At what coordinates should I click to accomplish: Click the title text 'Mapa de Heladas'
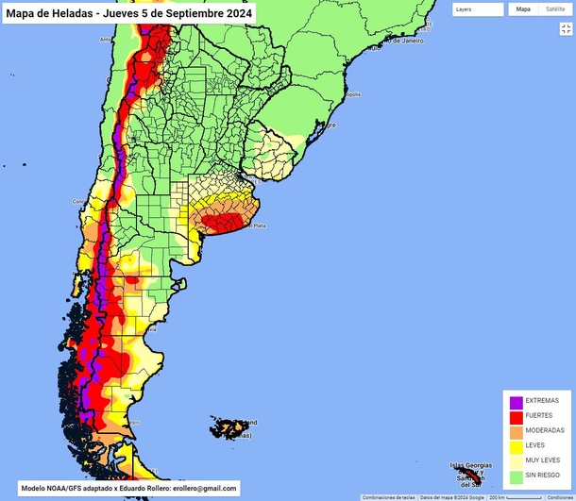click(x=47, y=13)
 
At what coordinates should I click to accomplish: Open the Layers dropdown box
click(x=477, y=9)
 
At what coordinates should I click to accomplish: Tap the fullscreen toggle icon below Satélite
click(x=567, y=29)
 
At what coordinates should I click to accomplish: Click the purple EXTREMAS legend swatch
click(x=517, y=401)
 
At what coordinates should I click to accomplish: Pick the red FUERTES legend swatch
click(x=517, y=416)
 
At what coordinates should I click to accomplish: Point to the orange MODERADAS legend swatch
click(x=517, y=431)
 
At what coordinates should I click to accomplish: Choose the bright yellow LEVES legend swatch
click(x=517, y=446)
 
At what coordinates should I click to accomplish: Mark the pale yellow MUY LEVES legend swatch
click(x=517, y=461)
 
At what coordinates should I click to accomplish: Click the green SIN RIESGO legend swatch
click(x=517, y=476)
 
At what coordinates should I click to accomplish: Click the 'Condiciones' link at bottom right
click(x=560, y=496)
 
